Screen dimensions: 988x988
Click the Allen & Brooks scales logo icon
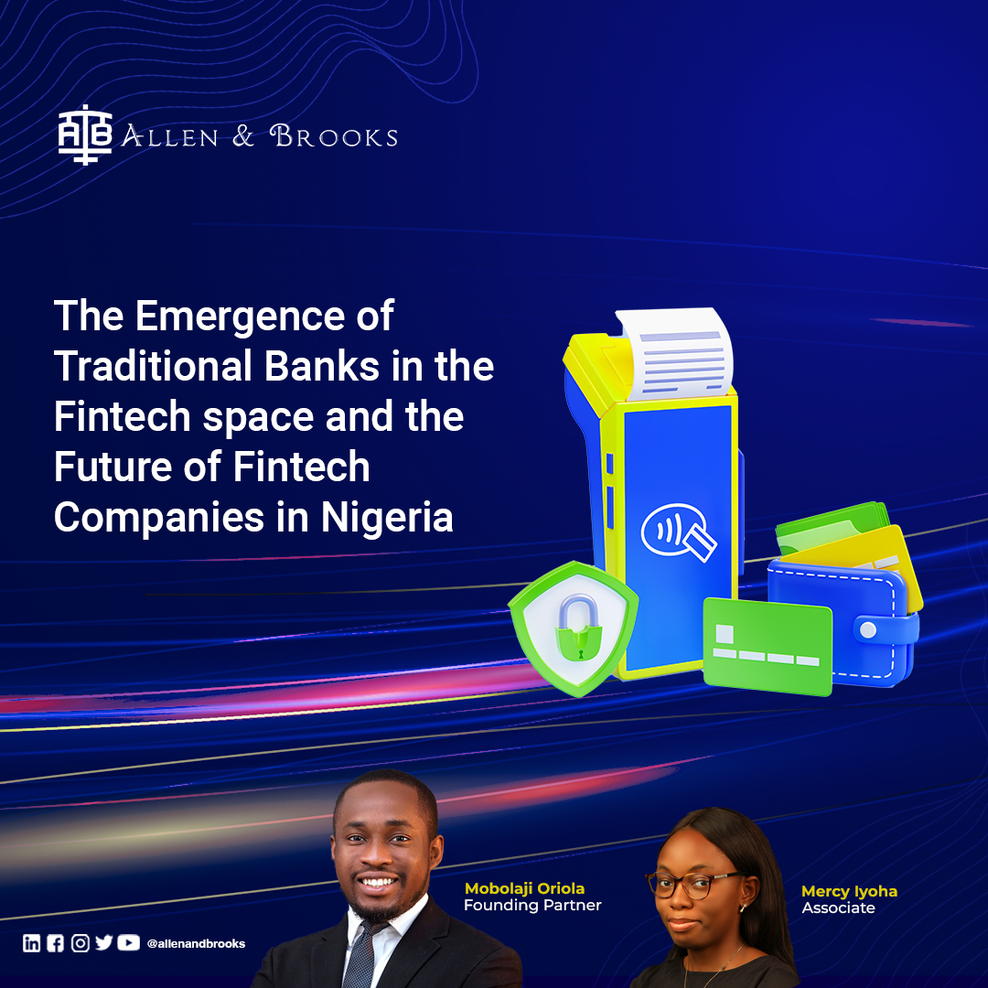(85, 136)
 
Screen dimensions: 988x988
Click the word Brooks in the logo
(334, 137)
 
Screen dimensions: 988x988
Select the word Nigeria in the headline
(387, 517)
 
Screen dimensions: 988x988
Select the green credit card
(767, 645)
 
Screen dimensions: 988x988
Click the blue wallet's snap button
(867, 629)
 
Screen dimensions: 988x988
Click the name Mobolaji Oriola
(524, 888)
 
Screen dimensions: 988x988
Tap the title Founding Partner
(532, 906)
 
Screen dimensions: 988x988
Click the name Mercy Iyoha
(849, 891)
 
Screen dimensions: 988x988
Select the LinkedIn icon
(32, 943)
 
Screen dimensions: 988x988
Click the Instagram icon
(81, 943)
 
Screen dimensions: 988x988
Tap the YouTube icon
(129, 943)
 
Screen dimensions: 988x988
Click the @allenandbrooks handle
(196, 944)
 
